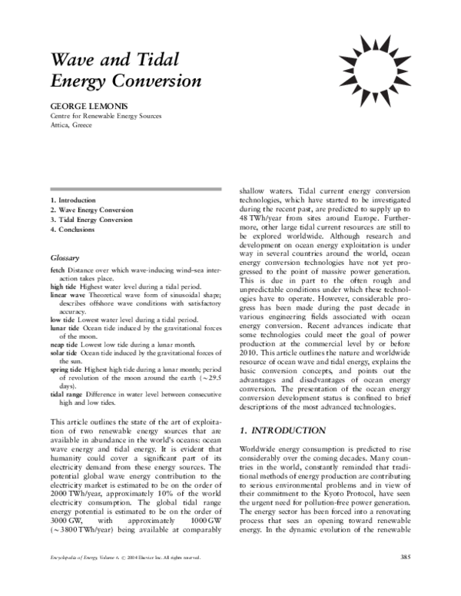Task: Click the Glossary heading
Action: (x=66, y=258)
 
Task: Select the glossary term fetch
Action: (x=57, y=272)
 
